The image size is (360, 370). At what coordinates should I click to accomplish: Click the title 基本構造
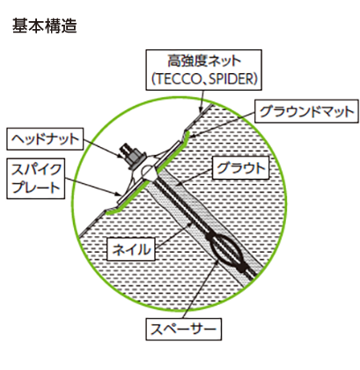(x=45, y=26)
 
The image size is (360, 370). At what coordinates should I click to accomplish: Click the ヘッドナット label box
(x=45, y=139)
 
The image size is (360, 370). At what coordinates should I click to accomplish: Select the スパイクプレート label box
(x=35, y=179)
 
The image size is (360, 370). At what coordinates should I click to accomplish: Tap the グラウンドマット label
(x=306, y=111)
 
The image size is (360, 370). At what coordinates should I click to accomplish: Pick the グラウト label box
(x=240, y=167)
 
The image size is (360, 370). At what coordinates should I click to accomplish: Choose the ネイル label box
(x=131, y=249)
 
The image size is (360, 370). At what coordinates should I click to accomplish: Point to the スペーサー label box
(x=184, y=329)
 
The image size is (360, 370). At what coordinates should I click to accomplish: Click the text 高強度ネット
(x=204, y=62)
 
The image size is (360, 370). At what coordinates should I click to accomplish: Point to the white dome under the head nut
(x=149, y=172)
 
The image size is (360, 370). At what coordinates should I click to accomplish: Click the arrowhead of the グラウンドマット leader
(x=187, y=136)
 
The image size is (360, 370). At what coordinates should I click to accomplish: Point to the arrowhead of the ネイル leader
(x=191, y=224)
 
